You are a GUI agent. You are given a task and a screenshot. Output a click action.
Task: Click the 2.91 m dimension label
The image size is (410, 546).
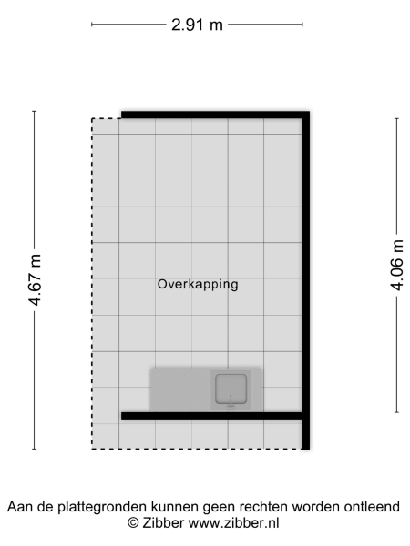pyautogui.click(x=198, y=25)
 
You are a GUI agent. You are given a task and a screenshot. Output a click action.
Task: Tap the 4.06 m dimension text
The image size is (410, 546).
pyautogui.click(x=396, y=265)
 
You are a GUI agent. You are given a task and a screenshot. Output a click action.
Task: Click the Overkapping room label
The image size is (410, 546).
pyautogui.click(x=198, y=284)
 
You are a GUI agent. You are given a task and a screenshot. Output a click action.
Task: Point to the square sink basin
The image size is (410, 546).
pyautogui.click(x=231, y=389)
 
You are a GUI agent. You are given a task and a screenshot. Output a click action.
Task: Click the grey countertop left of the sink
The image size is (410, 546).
pyautogui.click(x=180, y=389)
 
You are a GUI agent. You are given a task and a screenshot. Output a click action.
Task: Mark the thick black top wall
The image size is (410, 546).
pyautogui.click(x=215, y=114)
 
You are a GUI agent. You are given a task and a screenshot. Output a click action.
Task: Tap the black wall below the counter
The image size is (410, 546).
pyautogui.click(x=211, y=415)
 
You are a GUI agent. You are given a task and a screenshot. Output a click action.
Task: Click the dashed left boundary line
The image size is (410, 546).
pyautogui.click(x=92, y=282)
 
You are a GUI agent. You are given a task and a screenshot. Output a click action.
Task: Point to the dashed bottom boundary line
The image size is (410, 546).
pyautogui.click(x=196, y=448)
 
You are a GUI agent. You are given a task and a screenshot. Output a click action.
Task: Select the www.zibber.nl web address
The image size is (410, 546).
pyautogui.click(x=234, y=522)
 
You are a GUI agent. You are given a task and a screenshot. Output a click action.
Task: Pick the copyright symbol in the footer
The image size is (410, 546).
pyautogui.click(x=133, y=522)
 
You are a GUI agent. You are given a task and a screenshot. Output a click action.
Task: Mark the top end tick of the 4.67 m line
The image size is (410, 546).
pyautogui.click(x=36, y=111)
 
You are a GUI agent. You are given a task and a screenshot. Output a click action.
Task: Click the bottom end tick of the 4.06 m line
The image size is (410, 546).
pyautogui.click(x=396, y=412)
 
